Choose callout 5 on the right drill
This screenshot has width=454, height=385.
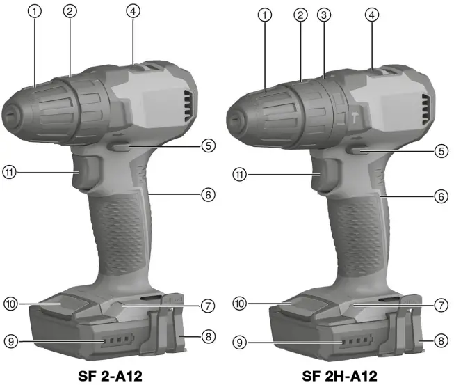click(x=440, y=150)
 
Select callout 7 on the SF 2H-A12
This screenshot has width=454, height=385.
click(x=440, y=305)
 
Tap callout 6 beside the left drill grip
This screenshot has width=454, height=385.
click(x=207, y=196)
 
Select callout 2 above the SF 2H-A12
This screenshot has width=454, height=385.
click(x=300, y=14)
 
